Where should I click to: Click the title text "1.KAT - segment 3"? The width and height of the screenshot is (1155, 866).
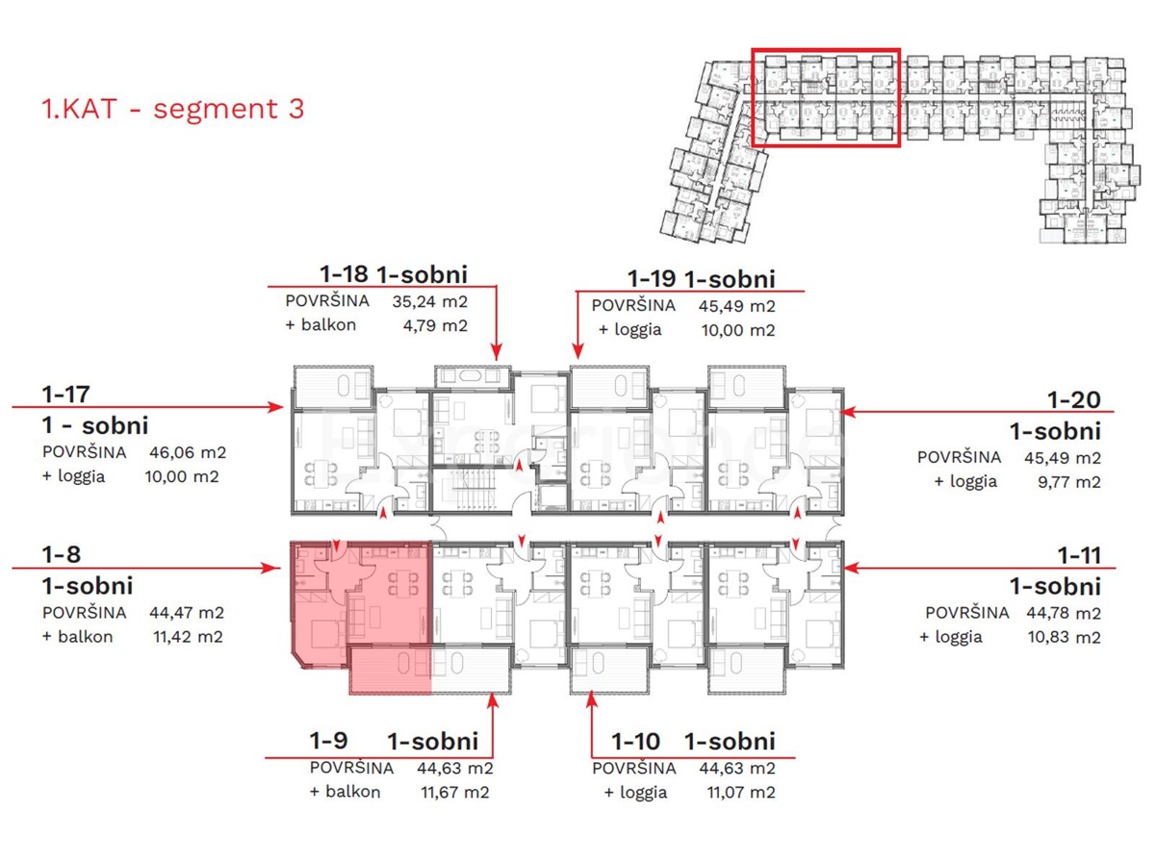(x=173, y=109)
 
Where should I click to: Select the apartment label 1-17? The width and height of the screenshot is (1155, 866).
(x=64, y=394)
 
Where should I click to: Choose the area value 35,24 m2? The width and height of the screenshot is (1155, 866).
(x=429, y=300)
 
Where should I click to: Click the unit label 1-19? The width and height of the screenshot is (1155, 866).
(x=652, y=278)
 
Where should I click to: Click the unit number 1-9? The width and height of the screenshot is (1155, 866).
(x=328, y=741)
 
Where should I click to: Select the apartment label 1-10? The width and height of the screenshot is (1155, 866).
(x=636, y=741)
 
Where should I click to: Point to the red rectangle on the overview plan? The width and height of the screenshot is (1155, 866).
(x=825, y=98)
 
